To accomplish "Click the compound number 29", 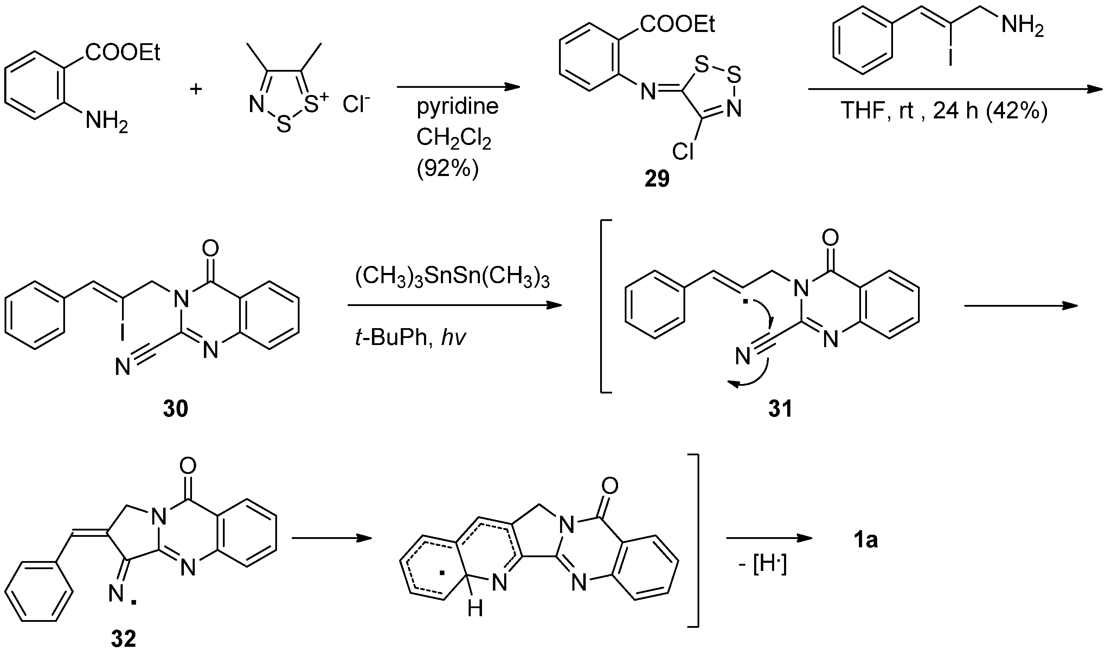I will [x=657, y=179].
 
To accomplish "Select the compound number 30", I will [x=175, y=408].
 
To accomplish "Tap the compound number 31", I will [x=780, y=408].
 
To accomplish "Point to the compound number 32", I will [x=123, y=639].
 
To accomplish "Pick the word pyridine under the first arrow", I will [x=457, y=106].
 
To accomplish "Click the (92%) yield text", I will [x=447, y=168].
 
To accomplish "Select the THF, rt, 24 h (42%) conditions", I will [x=944, y=111].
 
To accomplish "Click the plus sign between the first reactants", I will [x=196, y=89].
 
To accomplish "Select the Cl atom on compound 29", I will [x=683, y=151].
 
